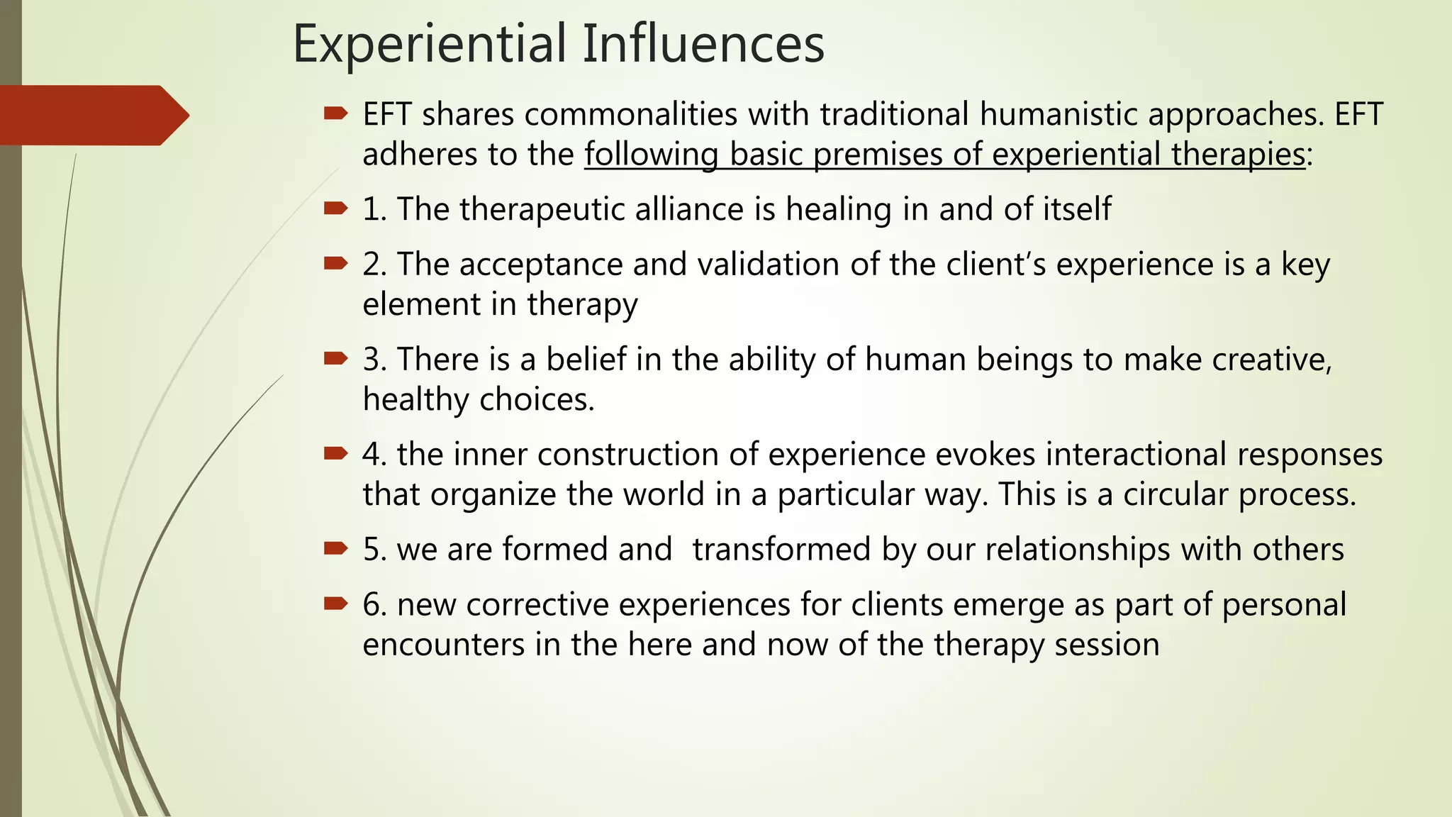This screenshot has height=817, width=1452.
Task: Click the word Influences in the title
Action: (703, 44)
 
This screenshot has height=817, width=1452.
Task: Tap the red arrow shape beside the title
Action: (92, 115)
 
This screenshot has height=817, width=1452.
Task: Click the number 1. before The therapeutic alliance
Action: (374, 210)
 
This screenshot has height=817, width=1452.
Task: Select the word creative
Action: (1272, 360)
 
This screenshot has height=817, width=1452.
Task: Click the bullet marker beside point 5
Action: (335, 548)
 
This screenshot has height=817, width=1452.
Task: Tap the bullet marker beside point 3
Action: (335, 358)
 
